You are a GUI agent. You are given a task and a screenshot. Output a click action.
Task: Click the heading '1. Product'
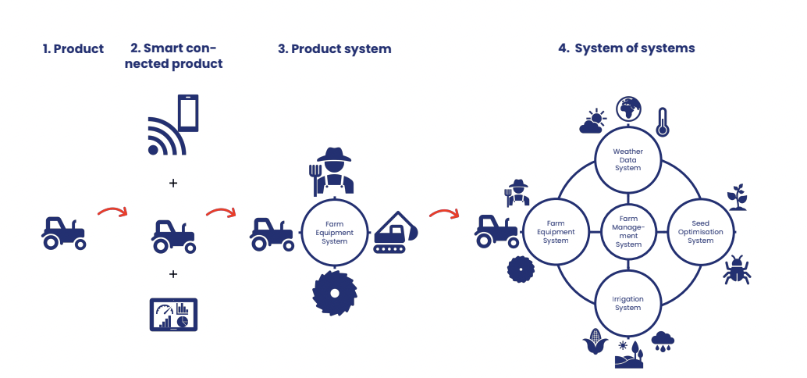coord(73,49)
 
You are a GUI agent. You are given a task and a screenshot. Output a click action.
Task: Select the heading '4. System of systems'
coord(627,48)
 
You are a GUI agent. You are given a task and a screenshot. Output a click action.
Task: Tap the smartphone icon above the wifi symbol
coord(188,112)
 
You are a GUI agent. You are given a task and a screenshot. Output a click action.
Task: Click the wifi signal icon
coord(166,137)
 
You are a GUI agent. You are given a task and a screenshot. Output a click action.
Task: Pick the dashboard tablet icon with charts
coord(173,315)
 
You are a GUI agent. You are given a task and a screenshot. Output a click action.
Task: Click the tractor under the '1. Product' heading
coord(63,234)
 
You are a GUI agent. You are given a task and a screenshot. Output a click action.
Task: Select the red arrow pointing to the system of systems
coord(443,212)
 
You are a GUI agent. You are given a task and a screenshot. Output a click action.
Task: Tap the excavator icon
coord(395,232)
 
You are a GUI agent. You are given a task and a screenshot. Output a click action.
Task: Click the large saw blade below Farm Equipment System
coord(335,293)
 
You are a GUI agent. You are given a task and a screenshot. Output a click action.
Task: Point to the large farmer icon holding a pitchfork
coord(332,171)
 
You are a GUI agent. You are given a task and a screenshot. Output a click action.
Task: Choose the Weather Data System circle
coord(628,159)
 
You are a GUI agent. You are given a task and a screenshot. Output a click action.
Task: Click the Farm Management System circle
coord(628,232)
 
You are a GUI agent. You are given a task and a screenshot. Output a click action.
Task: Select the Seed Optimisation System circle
coord(700,232)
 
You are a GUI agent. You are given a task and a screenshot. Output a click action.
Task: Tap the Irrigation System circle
coord(628,303)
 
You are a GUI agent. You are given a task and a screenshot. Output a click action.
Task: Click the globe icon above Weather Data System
coord(629,109)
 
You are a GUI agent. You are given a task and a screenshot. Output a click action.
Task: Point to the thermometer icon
coord(663,122)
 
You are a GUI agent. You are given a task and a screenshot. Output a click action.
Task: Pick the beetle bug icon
coord(737,269)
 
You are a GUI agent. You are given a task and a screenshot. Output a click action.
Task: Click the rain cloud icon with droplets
coord(663,341)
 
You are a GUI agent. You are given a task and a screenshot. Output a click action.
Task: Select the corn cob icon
coord(595,341)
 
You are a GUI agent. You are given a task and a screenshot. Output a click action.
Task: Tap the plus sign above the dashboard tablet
coord(173,274)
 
